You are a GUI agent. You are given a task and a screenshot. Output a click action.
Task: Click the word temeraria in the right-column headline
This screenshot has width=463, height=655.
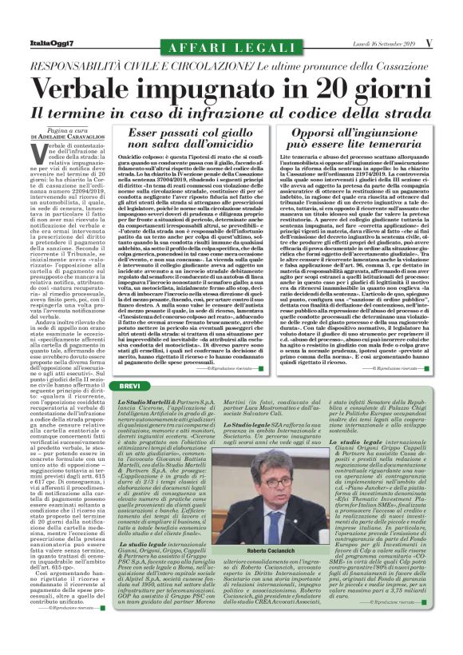(394, 144)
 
